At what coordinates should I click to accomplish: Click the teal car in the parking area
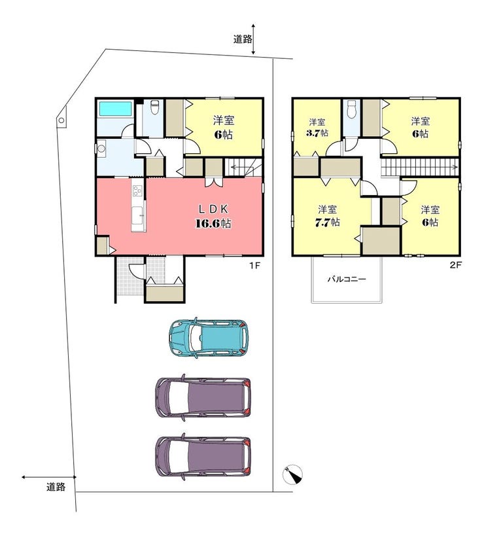[x=209, y=338]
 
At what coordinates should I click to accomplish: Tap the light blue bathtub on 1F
[x=116, y=109]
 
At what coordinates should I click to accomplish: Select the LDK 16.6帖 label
[x=213, y=216]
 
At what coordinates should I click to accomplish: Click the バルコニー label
[x=347, y=279]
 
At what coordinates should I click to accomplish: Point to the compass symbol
[x=293, y=475]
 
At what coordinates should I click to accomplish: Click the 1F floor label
[x=254, y=265]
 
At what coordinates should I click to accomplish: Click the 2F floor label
[x=455, y=265]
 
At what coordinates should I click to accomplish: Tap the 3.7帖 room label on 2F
[x=317, y=128]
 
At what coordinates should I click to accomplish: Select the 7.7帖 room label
[x=327, y=216]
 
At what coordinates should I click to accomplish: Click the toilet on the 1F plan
[x=155, y=108]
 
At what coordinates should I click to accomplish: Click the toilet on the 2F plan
[x=351, y=109]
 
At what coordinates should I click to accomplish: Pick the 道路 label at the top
[x=243, y=39]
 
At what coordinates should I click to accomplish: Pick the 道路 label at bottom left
[x=56, y=486]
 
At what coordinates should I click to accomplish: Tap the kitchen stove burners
[x=137, y=190]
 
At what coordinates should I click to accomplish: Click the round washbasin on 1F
[x=101, y=149]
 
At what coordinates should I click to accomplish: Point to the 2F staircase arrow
[x=419, y=167]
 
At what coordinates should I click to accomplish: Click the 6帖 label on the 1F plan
[x=224, y=128]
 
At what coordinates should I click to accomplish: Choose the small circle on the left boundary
[x=61, y=120]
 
